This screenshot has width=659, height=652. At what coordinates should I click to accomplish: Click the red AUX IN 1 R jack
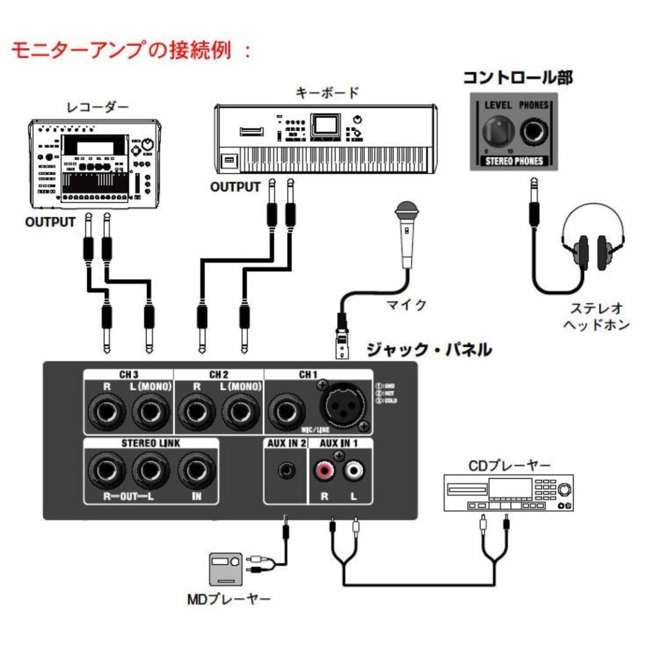click(324, 471)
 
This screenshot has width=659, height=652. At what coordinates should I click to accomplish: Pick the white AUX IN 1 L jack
click(354, 471)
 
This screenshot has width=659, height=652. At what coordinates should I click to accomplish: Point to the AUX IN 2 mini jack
click(285, 471)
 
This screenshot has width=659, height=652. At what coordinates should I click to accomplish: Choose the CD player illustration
click(510, 494)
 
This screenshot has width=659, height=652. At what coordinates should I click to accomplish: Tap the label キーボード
click(327, 93)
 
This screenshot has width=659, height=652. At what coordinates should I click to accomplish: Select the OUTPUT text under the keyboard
click(235, 187)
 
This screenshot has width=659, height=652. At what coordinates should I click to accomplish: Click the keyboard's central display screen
click(324, 125)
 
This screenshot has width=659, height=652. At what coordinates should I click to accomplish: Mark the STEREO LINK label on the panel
click(151, 444)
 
